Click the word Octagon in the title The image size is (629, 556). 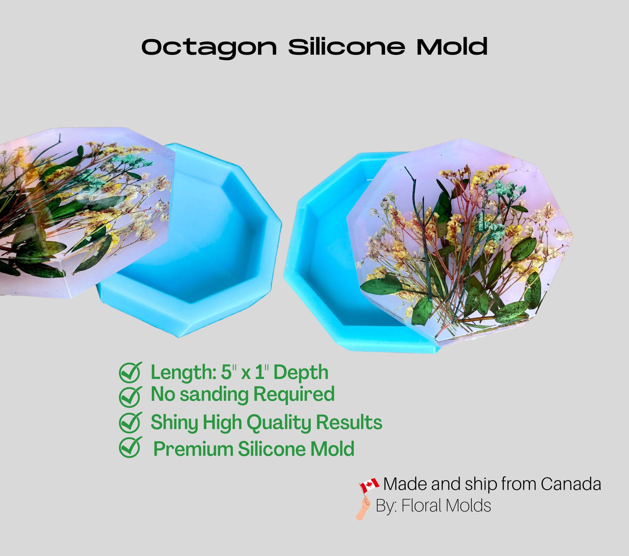tap(209, 47)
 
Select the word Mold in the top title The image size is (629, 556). tap(451, 47)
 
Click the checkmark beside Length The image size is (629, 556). tap(130, 373)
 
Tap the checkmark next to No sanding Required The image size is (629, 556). tap(130, 396)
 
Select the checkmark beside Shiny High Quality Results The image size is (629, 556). tap(130, 422)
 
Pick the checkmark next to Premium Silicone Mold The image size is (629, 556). tap(130, 448)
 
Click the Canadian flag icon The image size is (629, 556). tap(369, 485)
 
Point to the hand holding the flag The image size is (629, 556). tap(363, 508)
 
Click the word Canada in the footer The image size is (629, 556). tap(571, 484)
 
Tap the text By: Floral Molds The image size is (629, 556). tap(433, 506)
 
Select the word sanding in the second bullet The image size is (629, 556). tap(213, 394)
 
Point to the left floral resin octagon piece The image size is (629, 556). tap(78, 209)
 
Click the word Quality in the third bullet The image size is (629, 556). tap(279, 423)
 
